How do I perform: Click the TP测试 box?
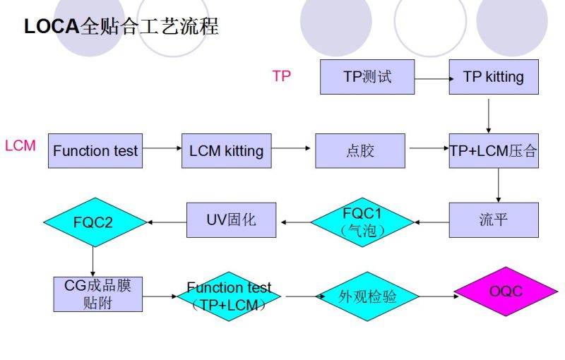point(367,77)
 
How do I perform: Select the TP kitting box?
point(494,77)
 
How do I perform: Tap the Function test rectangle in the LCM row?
point(95,150)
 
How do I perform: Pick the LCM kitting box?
point(226,150)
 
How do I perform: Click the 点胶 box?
point(360,150)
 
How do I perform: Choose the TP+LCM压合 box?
point(494,150)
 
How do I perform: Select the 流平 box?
point(494,220)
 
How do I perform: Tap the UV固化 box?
point(231,220)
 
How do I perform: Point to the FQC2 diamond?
point(93,222)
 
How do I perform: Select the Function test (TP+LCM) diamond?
point(229,296)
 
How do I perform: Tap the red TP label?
point(281,76)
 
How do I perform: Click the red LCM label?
point(20,146)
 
